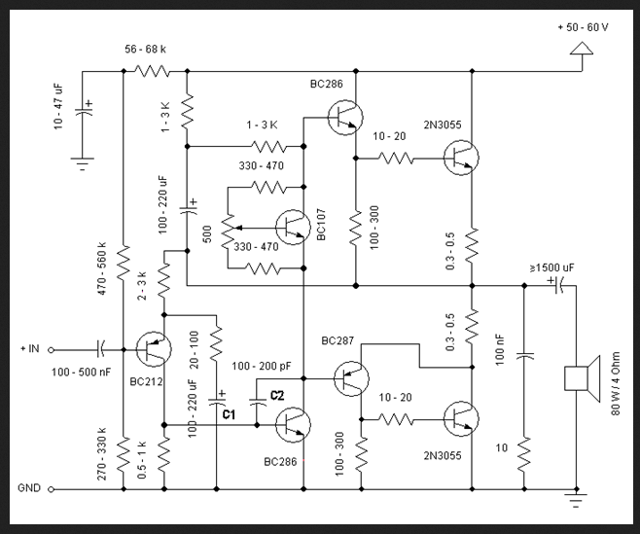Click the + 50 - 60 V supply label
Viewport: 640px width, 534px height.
[x=584, y=27]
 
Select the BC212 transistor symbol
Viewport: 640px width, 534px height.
[x=152, y=348]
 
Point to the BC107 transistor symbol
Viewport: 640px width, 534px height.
[x=292, y=227]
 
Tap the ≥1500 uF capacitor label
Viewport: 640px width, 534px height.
[x=551, y=267]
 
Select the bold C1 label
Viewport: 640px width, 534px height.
[x=230, y=414]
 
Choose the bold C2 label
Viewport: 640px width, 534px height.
[x=276, y=395]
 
